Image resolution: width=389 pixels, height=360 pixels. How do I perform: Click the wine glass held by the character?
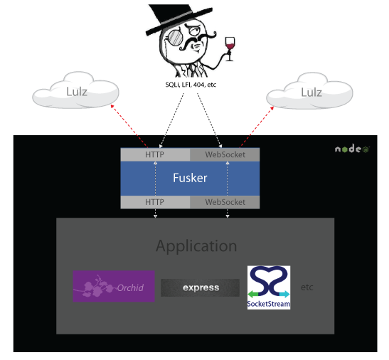[x=230, y=48]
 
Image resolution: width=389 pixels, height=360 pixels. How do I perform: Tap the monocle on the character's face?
[x=175, y=38]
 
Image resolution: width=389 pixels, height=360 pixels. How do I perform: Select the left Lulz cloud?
[x=75, y=90]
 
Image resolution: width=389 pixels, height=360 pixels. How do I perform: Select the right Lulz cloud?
[x=309, y=91]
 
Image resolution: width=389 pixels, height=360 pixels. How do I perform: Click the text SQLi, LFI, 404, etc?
[x=191, y=85]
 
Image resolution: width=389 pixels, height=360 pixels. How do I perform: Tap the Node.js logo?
[x=352, y=149]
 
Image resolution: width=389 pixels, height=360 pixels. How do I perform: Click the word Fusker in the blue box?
[x=190, y=178]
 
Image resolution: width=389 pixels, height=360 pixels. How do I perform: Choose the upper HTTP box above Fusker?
[x=155, y=154]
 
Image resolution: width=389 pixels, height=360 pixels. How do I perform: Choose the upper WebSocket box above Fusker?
[x=225, y=154]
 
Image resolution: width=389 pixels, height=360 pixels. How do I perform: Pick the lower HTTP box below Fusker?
[x=155, y=202]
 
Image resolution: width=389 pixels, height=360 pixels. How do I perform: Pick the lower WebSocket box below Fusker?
[x=225, y=202]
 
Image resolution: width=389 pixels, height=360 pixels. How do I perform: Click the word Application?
[x=196, y=246]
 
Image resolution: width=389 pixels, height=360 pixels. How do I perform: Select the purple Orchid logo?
[x=114, y=286]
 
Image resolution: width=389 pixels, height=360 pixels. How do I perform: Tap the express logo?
[x=201, y=287]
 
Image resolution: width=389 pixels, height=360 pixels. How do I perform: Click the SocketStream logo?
[x=269, y=287]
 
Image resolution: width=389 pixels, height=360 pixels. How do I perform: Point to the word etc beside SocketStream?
[x=307, y=287]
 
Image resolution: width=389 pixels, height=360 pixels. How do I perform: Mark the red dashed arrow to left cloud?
[x=129, y=126]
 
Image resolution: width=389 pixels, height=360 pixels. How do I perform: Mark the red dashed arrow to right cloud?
[x=257, y=127]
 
